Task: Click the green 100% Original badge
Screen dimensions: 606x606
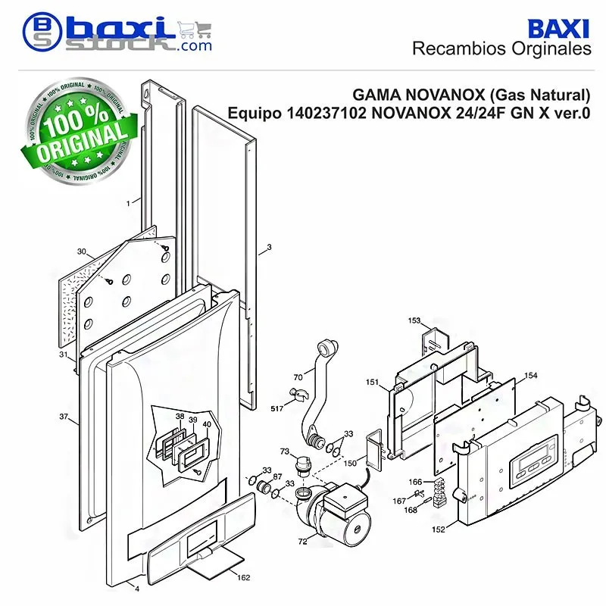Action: click(x=80, y=130)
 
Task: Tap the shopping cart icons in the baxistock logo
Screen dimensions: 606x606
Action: click(x=195, y=30)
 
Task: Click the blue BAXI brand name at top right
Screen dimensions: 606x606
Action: click(x=558, y=29)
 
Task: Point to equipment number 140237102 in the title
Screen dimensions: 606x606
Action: click(x=326, y=113)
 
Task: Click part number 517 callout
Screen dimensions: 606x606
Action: click(x=276, y=408)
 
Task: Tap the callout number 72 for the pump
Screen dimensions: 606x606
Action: click(x=302, y=542)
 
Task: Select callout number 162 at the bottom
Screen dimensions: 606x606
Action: click(x=243, y=577)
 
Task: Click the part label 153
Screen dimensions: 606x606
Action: click(x=414, y=320)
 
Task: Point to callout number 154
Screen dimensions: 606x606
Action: click(x=531, y=375)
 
